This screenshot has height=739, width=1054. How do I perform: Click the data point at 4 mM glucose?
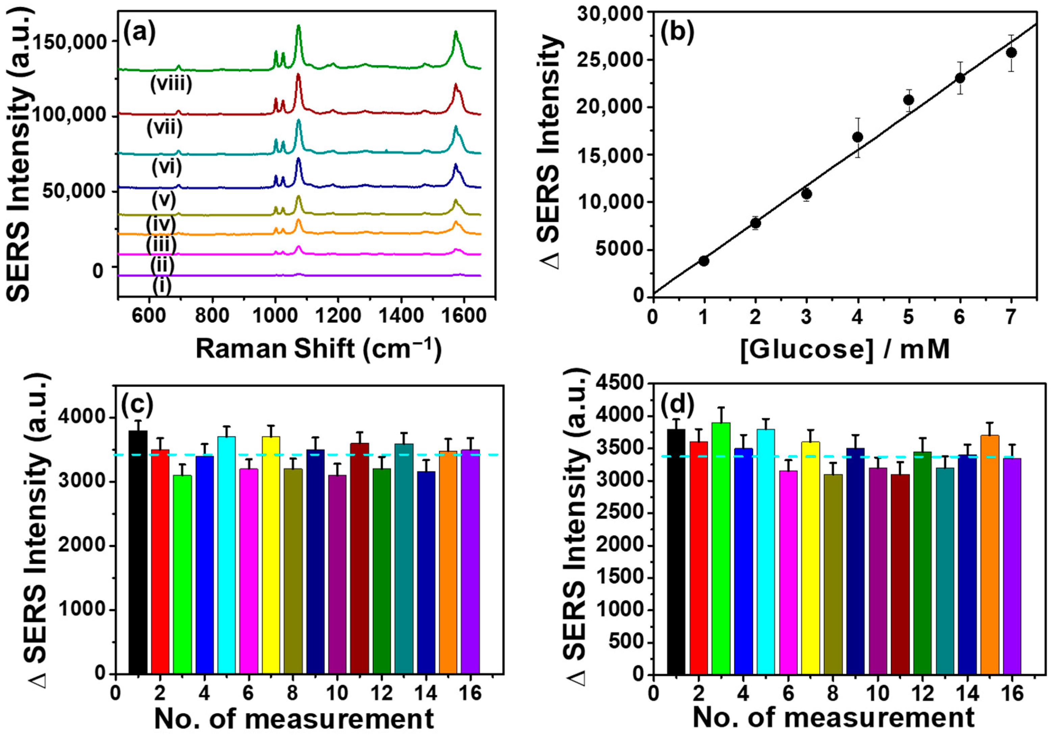(x=857, y=137)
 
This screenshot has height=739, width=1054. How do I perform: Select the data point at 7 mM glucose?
(x=1011, y=53)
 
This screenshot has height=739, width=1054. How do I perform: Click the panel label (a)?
(x=139, y=34)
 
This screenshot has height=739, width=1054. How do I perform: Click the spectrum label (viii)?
(x=171, y=84)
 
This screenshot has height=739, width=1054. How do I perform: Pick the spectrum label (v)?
(x=164, y=200)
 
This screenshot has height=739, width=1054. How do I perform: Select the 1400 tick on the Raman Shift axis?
(x=401, y=317)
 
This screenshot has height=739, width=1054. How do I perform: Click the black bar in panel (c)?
(x=138, y=552)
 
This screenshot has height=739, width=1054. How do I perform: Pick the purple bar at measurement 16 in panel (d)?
(x=1012, y=566)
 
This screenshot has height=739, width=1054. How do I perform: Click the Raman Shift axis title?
(x=318, y=349)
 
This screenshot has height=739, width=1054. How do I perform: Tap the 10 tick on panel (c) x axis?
(x=337, y=693)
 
